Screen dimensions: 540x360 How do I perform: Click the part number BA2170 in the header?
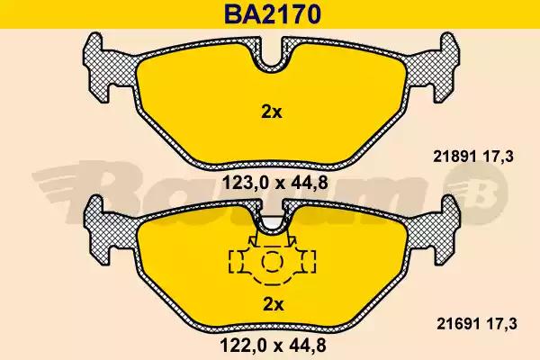pyautogui.click(x=273, y=14)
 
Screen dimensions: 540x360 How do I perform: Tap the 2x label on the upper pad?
pyautogui.click(x=272, y=112)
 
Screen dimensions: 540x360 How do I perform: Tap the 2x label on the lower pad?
pyautogui.click(x=273, y=304)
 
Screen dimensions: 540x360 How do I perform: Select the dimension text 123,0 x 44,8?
pyautogui.click(x=274, y=183)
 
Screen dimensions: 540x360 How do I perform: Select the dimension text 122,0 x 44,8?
pyautogui.click(x=273, y=346)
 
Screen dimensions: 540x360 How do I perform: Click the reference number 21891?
pyautogui.click(x=454, y=157)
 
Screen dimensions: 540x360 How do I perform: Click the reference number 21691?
pyautogui.click(x=458, y=324)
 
